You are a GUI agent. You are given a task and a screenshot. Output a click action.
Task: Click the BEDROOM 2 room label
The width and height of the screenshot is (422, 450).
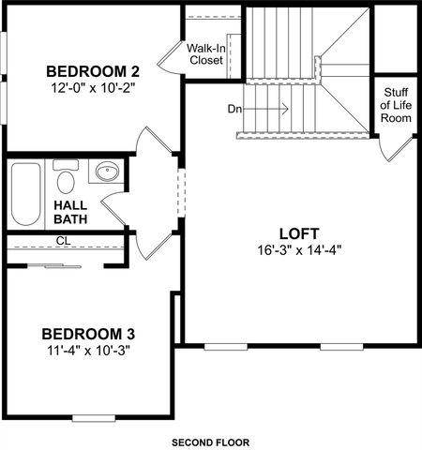(93, 71)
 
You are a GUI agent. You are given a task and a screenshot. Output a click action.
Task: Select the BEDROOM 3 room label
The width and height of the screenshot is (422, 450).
(91, 334)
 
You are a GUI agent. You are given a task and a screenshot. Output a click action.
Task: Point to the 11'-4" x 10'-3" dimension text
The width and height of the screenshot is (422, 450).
(91, 352)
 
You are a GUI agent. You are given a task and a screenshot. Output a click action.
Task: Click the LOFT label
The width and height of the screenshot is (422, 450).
(299, 233)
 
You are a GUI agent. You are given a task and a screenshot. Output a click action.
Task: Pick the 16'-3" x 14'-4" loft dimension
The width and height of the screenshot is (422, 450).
(299, 251)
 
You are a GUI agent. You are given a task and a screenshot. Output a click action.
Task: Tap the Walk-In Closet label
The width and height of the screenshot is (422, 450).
(205, 53)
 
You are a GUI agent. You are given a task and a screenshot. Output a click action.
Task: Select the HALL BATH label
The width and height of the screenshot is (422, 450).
(70, 212)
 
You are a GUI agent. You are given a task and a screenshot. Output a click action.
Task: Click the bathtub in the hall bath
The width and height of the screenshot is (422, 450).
(25, 193)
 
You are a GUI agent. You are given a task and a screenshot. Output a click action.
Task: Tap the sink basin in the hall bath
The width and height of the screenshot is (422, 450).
(108, 172)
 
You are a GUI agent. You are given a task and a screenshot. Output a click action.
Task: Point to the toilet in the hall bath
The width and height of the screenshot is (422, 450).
(65, 178)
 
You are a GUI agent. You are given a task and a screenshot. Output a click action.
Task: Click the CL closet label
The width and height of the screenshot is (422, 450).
(64, 241)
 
